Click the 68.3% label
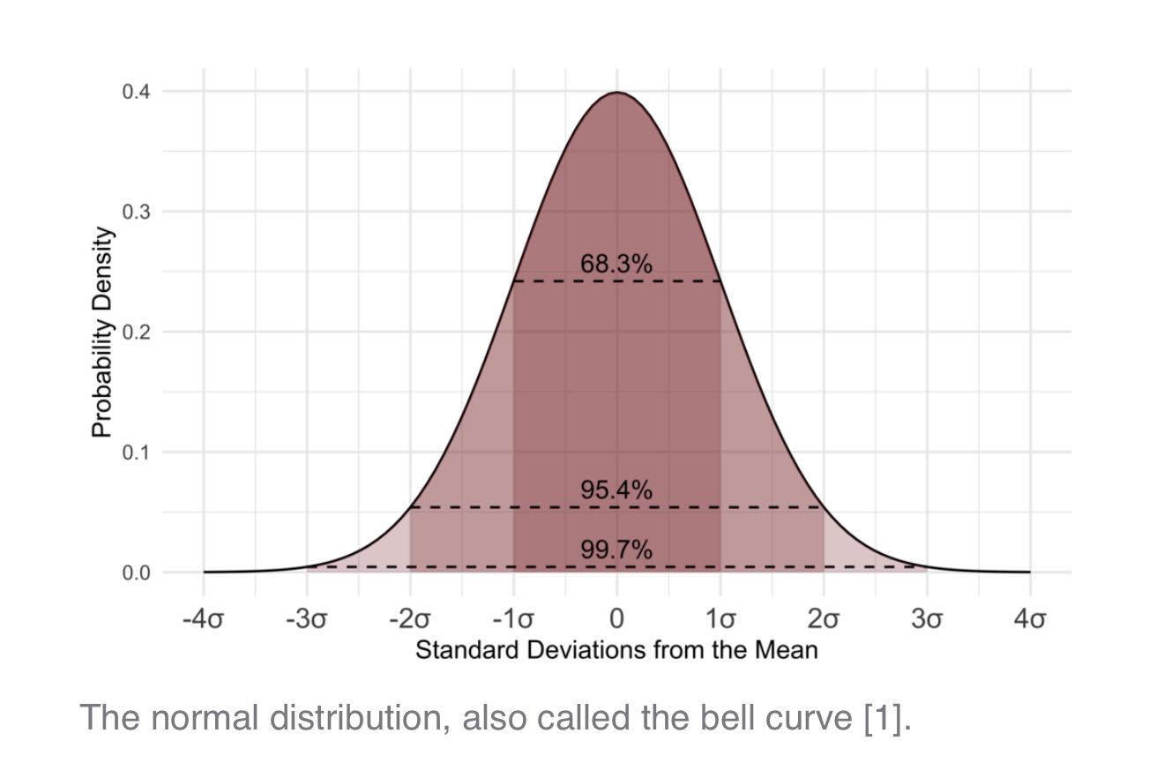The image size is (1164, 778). tap(616, 264)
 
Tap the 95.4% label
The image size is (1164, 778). tap(616, 490)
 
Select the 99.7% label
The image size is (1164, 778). tap(616, 550)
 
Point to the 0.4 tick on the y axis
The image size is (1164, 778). tap(136, 92)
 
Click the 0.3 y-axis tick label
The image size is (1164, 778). tap(136, 212)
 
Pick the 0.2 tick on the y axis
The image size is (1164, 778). tap(136, 332)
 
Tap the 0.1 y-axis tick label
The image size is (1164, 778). tap(136, 453)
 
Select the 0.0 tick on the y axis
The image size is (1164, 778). tap(136, 572)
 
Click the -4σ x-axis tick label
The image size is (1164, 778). tap(203, 619)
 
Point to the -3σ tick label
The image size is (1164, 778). tap(307, 619)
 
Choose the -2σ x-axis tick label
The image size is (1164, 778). tap(410, 619)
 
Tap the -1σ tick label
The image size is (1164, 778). tap(513, 619)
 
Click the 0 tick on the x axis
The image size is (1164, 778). tap(616, 619)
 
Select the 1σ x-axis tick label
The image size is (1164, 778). tap(720, 619)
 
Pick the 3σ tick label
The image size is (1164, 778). tap(927, 619)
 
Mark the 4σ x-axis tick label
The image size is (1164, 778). tap(1031, 619)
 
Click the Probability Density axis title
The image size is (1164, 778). tap(101, 333)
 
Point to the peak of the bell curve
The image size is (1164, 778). tap(616, 92)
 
